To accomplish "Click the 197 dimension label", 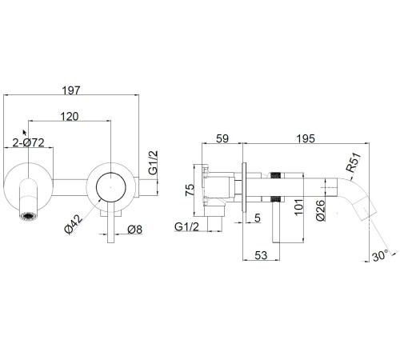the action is pos(71,90).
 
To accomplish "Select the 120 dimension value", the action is pos(70,117).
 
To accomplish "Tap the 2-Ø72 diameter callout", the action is pos(28,142).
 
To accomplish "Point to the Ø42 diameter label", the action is pos(74,225).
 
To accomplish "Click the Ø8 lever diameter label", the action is pos(134,230).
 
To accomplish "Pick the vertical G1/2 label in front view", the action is pos(153,162).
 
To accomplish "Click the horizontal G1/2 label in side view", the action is pos(186,226).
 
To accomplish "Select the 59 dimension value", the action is pos(222,138).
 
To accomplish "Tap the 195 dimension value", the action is pos(306,138).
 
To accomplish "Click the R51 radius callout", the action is pos(354,162).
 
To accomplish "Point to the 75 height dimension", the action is pos(190,190).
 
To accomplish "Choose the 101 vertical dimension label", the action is pos(298,206).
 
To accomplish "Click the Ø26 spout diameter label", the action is pos(321,210).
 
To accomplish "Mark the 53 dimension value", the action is pos(261,255).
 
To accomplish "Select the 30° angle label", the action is pos(380,256).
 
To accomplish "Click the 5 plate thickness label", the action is pos(257,218).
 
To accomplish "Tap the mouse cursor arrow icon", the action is pos(25,133).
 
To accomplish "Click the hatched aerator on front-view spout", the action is pos(29,216).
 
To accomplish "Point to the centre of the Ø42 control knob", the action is pos(111,187).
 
